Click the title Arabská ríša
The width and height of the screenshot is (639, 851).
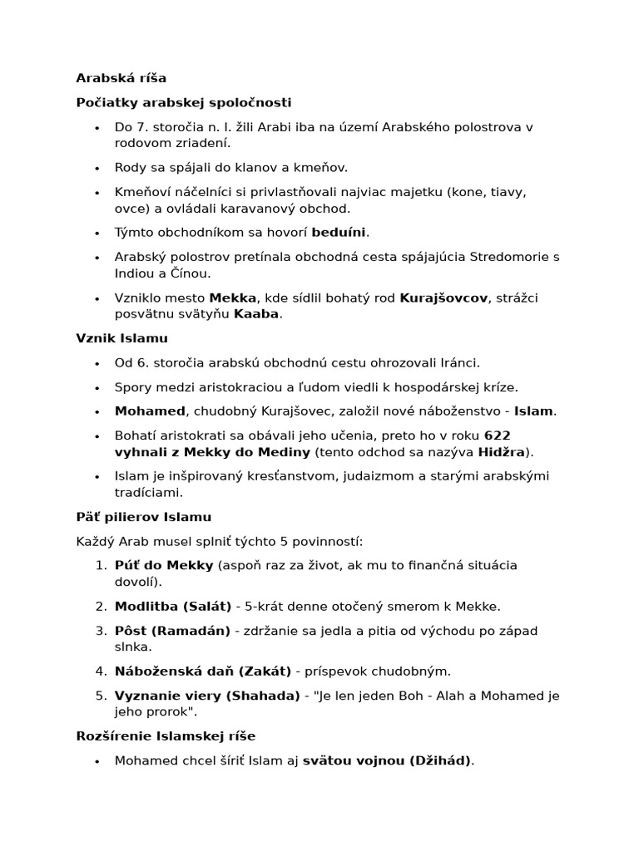[121, 78]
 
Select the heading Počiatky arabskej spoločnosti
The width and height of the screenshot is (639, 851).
[184, 102]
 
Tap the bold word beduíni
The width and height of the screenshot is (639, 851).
[339, 232]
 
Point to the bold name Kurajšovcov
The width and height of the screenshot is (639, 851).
[443, 298]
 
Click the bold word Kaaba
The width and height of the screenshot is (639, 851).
[256, 313]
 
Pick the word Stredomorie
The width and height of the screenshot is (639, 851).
[503, 257]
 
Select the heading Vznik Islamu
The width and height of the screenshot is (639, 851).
[121, 338]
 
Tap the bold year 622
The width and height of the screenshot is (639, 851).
[497, 435]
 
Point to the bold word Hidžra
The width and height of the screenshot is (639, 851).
[502, 451]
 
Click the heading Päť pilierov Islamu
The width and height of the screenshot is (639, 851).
[144, 517]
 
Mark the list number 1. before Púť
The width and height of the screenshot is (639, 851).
[100, 565]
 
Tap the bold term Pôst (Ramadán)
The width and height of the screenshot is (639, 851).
[172, 631]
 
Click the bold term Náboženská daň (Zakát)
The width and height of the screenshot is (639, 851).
[202, 671]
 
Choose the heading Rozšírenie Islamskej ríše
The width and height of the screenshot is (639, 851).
[166, 736]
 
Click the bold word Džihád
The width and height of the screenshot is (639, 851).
[440, 760]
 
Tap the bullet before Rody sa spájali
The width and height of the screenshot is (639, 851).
[97, 168]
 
